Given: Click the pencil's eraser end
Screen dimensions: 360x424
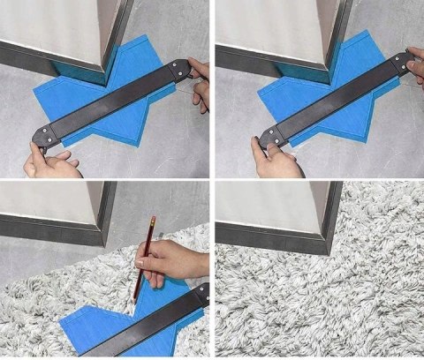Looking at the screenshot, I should pyautogui.click(x=153, y=216).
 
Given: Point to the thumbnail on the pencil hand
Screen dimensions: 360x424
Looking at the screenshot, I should pyautogui.click(x=141, y=262).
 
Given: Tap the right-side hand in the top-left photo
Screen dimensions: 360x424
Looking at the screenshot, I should pyautogui.click(x=201, y=84).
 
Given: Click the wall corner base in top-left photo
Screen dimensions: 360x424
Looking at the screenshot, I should pyautogui.click(x=106, y=71).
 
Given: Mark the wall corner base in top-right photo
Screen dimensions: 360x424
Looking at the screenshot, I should pyautogui.click(x=328, y=67).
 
